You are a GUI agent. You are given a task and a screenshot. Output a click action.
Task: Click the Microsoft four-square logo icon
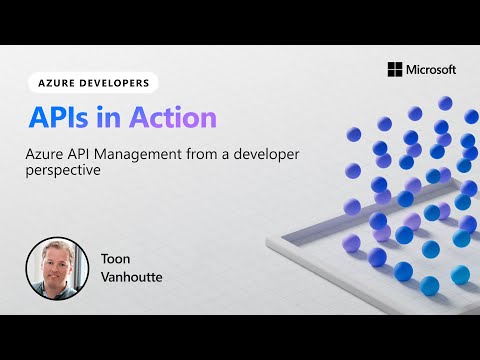click(394, 69)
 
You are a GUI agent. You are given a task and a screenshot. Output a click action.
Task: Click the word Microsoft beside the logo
click(431, 69)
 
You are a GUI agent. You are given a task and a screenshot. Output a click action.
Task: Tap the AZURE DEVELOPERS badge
click(92, 84)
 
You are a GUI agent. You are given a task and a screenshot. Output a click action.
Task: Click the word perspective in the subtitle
click(63, 171)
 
